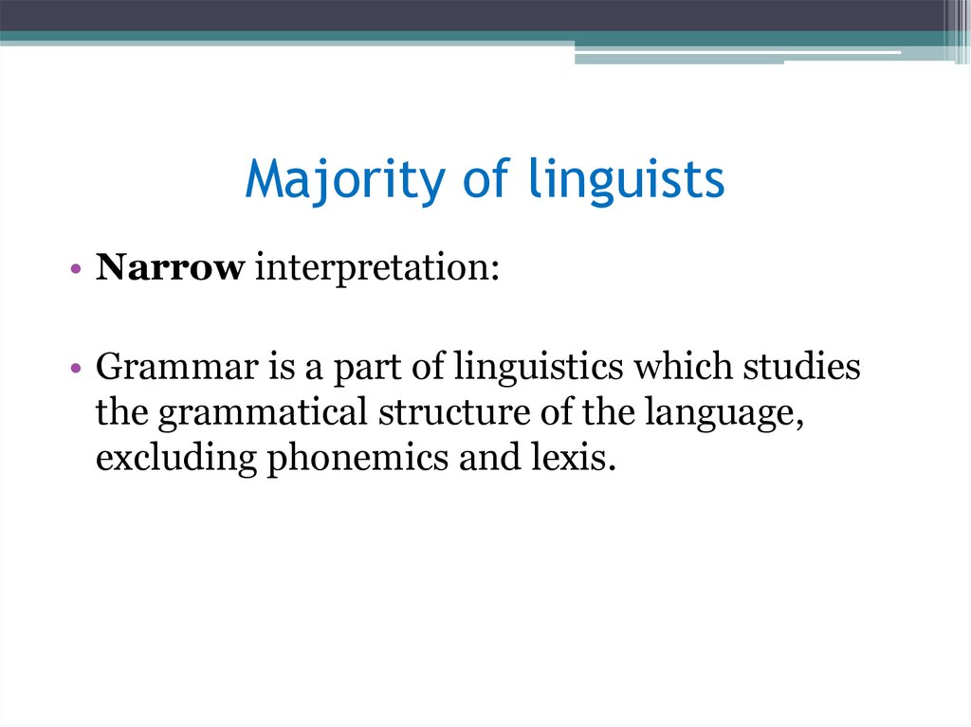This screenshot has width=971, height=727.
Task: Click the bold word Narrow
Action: [x=170, y=269]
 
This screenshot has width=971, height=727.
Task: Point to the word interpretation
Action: [x=375, y=270]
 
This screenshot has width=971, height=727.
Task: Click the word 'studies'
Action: [x=806, y=368]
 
